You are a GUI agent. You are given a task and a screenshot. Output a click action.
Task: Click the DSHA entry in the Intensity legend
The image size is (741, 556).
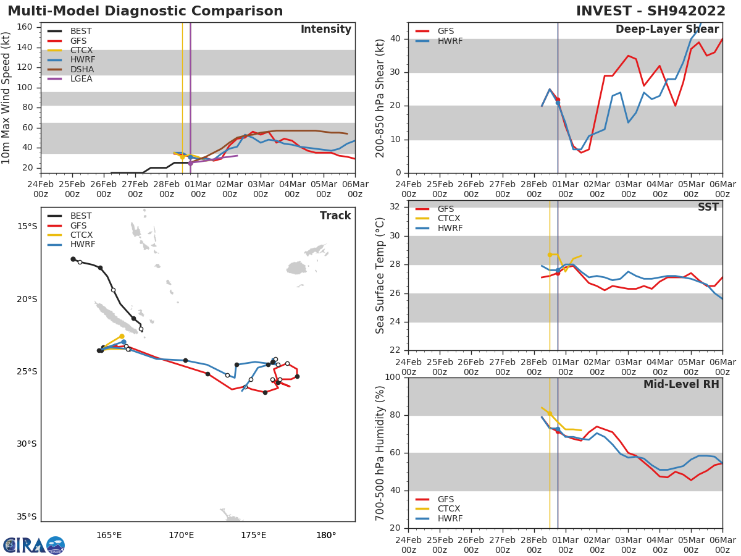pos(81,69)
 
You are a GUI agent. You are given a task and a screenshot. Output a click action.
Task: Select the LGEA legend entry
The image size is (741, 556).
pos(81,79)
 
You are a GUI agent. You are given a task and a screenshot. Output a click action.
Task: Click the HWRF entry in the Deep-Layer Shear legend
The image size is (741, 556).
pos(450,41)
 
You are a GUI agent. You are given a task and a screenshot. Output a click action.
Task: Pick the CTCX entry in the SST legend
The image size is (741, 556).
pos(450,219)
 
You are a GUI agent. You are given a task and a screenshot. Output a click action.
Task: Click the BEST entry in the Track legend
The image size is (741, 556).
pos(81,216)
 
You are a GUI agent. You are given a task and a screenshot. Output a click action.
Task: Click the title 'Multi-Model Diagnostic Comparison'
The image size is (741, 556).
pos(145,11)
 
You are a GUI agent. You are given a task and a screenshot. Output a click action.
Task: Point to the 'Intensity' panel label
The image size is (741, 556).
pos(325,30)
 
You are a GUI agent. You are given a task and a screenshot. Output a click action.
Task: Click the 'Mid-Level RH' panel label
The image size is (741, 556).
pos(681,385)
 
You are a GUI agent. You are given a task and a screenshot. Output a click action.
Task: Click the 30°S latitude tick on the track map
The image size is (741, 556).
pos(27,444)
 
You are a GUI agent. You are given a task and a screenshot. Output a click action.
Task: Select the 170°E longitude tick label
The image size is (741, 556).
pos(181,534)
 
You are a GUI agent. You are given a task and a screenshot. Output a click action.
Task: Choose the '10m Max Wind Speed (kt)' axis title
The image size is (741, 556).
pos(7,98)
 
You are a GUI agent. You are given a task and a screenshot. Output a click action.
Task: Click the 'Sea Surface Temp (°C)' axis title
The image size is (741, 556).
pos(380,276)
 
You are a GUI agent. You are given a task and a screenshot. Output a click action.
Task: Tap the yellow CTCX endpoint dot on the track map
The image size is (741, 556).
pos(122,336)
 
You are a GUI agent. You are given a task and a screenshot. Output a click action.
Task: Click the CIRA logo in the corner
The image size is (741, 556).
pos(34,545)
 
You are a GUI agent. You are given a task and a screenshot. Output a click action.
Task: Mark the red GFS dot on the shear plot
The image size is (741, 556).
pos(558,99)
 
